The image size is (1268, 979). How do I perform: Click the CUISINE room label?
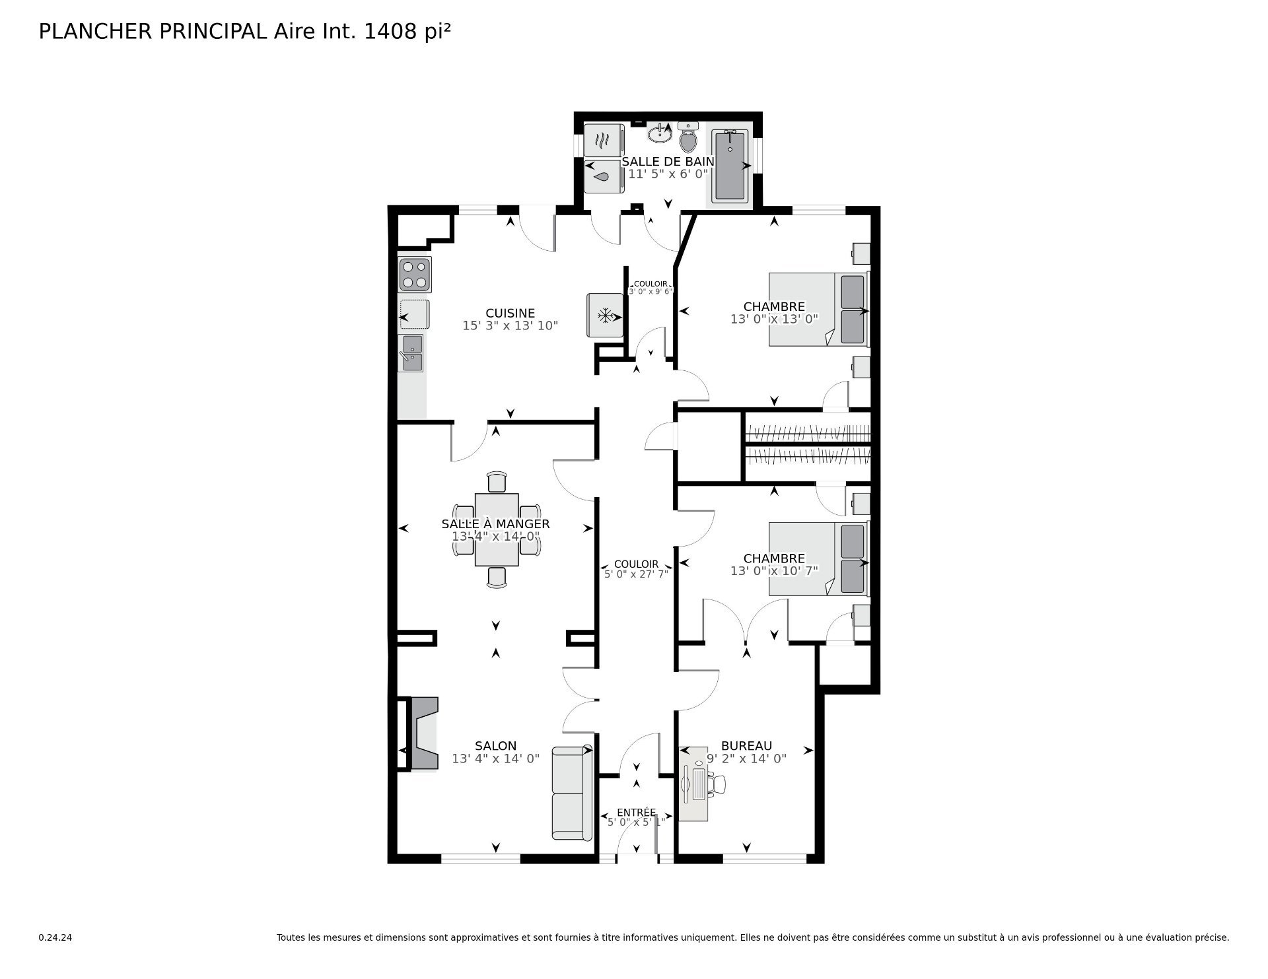(510, 313)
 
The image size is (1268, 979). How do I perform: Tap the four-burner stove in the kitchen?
(415, 275)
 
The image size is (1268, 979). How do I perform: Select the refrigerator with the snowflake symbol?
(606, 316)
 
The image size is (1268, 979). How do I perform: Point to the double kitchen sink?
(411, 353)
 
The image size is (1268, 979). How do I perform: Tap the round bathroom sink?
(659, 134)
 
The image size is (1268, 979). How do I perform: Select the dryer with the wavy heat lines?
(604, 140)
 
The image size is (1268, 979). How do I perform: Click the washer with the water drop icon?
(604, 176)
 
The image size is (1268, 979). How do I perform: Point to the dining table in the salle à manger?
(497, 529)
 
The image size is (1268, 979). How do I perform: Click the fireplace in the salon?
(423, 733)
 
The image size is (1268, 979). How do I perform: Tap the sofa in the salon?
(572, 793)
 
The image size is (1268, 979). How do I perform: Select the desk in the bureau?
(693, 784)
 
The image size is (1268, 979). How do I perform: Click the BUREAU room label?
(746, 746)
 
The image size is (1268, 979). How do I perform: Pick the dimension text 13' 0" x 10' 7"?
(774, 570)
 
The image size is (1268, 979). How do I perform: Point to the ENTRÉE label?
(637, 812)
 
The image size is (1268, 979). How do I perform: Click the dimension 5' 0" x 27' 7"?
(637, 574)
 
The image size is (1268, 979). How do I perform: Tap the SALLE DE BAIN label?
(668, 161)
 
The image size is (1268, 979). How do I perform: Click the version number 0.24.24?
(55, 937)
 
